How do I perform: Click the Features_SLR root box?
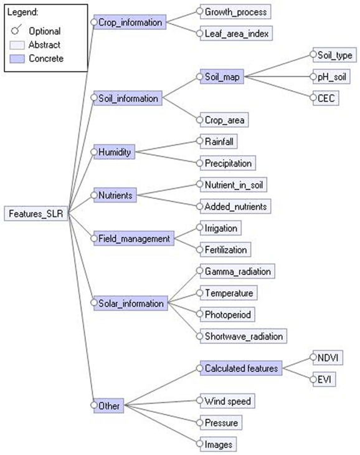click(x=36, y=214)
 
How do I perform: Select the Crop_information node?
click(x=130, y=22)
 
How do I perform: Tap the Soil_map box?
click(x=222, y=77)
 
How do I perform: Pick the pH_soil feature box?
click(x=331, y=77)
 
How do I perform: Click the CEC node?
click(x=326, y=98)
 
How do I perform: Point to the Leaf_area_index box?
click(x=236, y=34)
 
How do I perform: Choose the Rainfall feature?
click(x=219, y=141)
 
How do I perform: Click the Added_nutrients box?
click(x=235, y=206)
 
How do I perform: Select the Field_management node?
click(x=134, y=238)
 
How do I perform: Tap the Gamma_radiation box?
click(x=237, y=271)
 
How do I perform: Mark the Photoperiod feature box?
click(x=227, y=315)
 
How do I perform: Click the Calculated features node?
click(x=241, y=368)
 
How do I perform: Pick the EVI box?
click(x=324, y=379)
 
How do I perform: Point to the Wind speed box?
click(x=227, y=401)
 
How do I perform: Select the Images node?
click(x=218, y=444)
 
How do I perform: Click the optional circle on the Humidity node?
click(x=93, y=151)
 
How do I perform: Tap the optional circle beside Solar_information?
click(x=93, y=302)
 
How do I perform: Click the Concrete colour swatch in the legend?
click(x=17, y=59)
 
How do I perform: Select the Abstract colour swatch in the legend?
click(x=17, y=45)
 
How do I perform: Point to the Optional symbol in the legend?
click(x=16, y=29)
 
